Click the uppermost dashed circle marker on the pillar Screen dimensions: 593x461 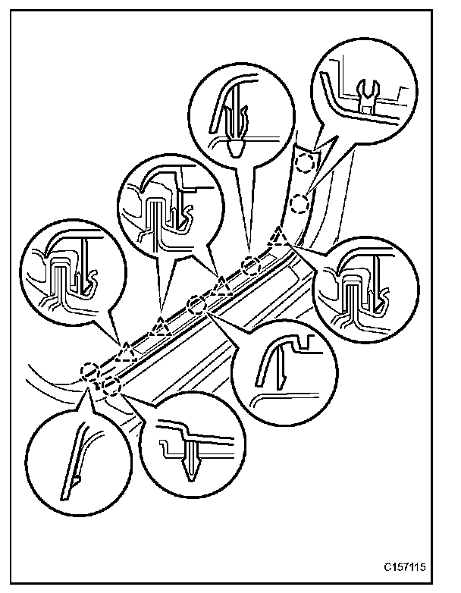pyautogui.click(x=306, y=162)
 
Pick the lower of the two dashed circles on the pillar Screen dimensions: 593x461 pyautogui.click(x=299, y=202)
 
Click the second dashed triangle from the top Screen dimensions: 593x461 pyautogui.click(x=222, y=286)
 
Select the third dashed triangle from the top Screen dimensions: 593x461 pyautogui.click(x=161, y=327)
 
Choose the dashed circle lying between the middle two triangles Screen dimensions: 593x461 pyautogui.click(x=196, y=305)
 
